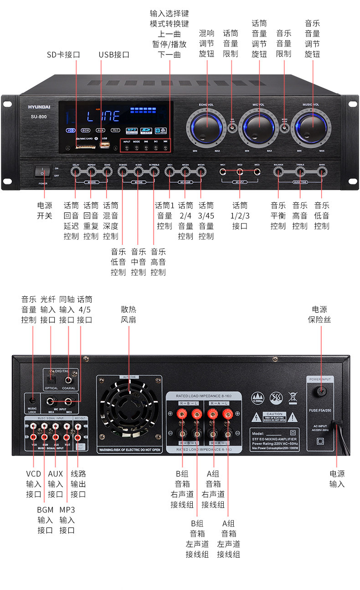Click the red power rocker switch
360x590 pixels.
click(x=42, y=172)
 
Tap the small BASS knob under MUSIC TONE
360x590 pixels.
click(x=322, y=172)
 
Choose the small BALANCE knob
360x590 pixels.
click(x=278, y=172)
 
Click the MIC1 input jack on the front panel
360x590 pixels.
click(x=223, y=172)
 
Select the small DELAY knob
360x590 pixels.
click(x=76, y=172)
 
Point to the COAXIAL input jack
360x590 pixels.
click(x=69, y=379)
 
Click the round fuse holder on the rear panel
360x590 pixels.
click(x=320, y=390)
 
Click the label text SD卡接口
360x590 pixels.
click(x=63, y=55)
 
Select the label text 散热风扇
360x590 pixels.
click(x=129, y=314)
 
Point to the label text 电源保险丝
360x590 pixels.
click(x=319, y=314)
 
